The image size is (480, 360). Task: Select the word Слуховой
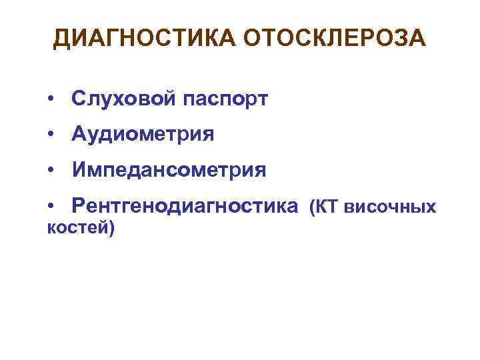click(123, 99)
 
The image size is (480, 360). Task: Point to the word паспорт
click(223, 101)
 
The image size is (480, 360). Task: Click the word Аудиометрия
click(144, 135)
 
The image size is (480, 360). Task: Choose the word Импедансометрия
click(170, 171)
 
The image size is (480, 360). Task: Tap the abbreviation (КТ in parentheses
click(324, 208)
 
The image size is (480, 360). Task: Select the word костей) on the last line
click(81, 229)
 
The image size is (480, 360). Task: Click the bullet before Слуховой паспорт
click(51, 100)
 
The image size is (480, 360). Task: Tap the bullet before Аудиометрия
click(51, 136)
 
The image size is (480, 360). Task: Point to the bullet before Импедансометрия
click(51, 172)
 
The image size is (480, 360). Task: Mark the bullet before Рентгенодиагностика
click(51, 208)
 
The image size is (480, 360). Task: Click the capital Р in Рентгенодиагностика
click(79, 207)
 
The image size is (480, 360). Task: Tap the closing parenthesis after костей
click(111, 229)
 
